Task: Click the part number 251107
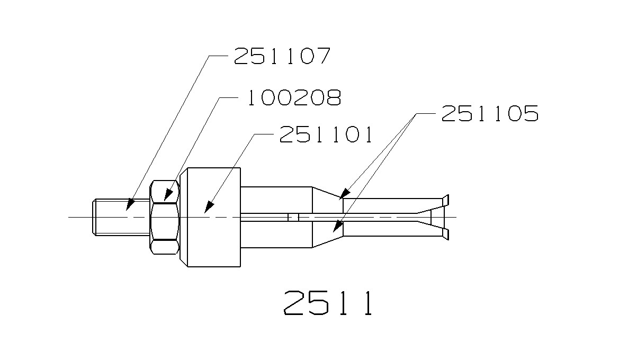tap(282, 56)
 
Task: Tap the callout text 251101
tap(326, 134)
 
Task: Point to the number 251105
tap(489, 113)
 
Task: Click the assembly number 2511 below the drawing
tap(328, 303)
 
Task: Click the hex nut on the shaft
tap(165, 217)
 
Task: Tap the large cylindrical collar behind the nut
tap(211, 217)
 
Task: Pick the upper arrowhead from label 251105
tap(344, 194)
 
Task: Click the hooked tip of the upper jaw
tap(446, 200)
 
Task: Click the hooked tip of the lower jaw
tap(446, 233)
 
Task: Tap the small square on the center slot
tap(293, 217)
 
